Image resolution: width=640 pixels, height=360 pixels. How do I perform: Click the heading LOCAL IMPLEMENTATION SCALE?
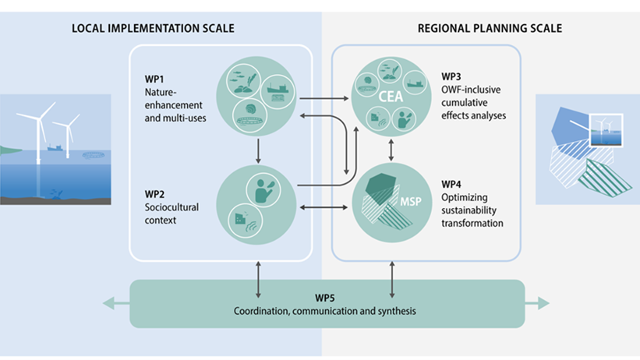153,29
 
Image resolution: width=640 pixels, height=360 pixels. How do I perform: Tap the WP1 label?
153,80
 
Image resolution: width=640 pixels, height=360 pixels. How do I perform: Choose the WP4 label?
451,184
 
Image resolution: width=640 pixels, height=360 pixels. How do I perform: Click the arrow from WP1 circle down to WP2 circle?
256,150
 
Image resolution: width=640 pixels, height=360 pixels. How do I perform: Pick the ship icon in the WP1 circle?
276,92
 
